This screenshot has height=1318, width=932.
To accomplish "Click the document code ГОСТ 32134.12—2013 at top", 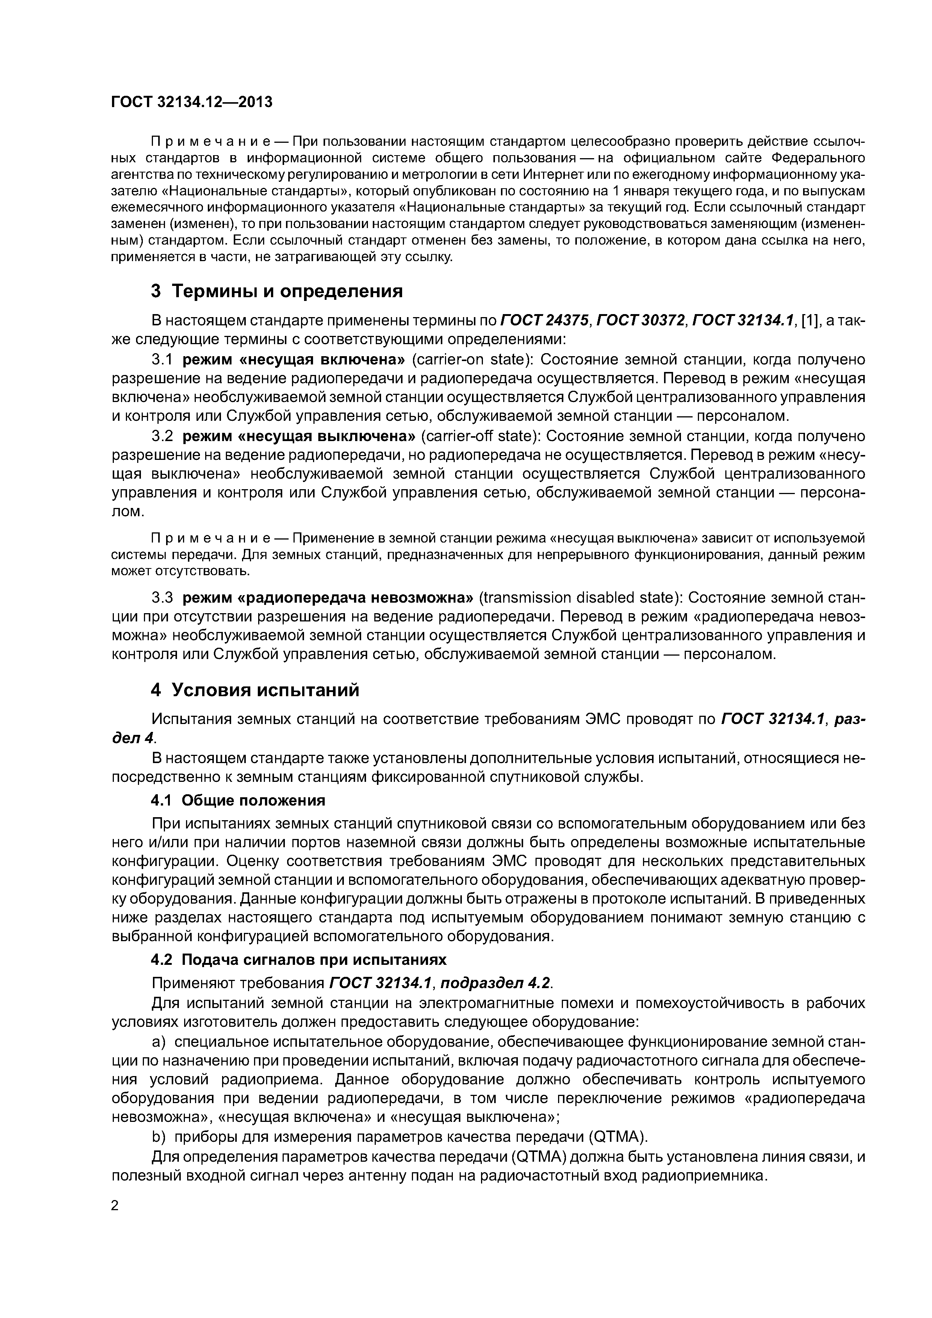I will (x=191, y=102).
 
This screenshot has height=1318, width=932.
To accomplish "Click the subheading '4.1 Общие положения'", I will (x=238, y=800).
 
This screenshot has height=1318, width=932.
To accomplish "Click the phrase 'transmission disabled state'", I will (x=579, y=598).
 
